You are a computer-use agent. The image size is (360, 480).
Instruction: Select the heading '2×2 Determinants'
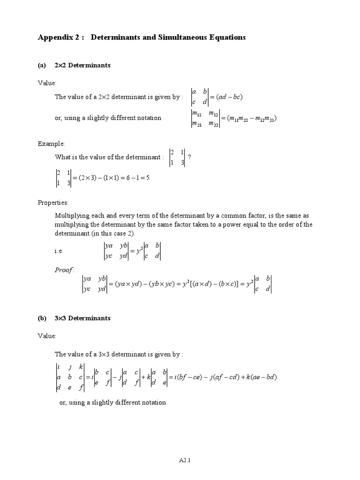[x=82, y=66]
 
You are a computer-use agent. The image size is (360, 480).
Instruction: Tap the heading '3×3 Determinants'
[x=82, y=318]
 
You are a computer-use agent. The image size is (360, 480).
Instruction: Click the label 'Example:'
[x=52, y=144]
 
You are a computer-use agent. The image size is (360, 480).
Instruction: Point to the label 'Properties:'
[x=53, y=203]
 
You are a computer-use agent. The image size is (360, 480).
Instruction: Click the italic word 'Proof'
[x=64, y=270]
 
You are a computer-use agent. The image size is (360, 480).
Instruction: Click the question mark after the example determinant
[x=189, y=157]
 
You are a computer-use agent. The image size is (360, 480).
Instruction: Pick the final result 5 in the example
[x=147, y=178]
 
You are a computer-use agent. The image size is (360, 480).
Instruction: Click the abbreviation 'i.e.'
[x=59, y=251]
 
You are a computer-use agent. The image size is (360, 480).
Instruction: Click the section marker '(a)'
[x=42, y=66]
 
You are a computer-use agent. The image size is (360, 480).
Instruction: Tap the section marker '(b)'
[x=42, y=318]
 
